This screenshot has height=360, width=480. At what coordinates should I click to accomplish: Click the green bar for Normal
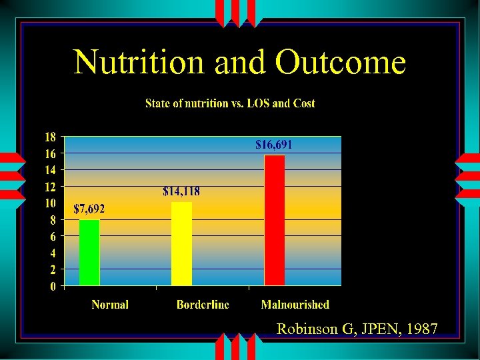point(89,253)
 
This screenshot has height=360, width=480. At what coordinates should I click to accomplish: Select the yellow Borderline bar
point(181,243)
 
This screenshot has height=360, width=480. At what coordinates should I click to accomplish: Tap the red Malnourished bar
point(274,220)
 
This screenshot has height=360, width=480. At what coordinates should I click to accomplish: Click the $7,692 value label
point(89,209)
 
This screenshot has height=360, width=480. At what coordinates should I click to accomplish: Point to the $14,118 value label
point(181,191)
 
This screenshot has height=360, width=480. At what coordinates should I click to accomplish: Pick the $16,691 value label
point(274,144)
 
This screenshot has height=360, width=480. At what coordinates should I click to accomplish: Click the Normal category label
point(110,305)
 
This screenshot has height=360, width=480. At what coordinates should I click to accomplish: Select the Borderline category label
point(203,305)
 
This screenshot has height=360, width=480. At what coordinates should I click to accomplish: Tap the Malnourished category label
point(295,305)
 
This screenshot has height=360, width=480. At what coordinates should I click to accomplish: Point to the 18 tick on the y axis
point(49,137)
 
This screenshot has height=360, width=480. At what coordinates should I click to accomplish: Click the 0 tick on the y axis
point(53,287)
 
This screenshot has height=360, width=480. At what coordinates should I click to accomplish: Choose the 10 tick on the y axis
point(49,203)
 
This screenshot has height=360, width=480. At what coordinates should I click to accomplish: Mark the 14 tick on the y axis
point(49,170)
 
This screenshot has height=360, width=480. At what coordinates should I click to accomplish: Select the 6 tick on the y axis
point(53,236)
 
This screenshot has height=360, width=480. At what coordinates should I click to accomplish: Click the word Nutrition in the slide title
point(140,63)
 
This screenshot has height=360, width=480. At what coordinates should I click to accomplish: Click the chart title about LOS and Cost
point(230,103)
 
